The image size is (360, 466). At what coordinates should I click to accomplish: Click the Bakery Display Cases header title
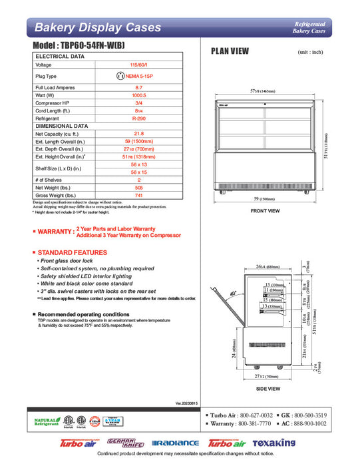97,27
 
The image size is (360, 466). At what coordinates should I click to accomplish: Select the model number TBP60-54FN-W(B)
88,45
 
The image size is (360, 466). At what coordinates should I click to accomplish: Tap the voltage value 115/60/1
138,65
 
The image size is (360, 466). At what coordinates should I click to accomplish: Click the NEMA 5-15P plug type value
138,77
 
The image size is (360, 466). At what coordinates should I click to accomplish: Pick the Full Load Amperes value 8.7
138,88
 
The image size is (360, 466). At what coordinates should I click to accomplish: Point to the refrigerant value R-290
138,117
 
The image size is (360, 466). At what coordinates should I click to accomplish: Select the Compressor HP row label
55,103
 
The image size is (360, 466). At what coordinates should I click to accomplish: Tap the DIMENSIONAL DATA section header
62,125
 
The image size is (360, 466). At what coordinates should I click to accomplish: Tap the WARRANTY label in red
55,232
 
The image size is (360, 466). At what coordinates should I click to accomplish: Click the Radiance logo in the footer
176,443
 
